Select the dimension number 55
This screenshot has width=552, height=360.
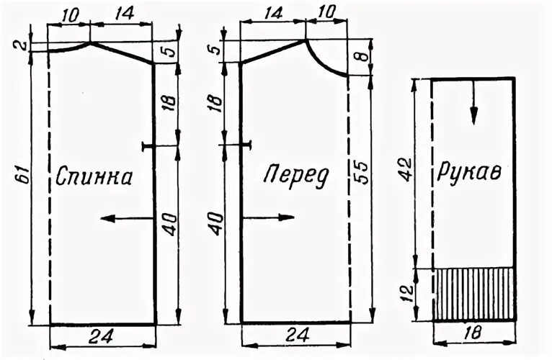[x=364, y=173]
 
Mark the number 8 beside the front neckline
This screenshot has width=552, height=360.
[x=364, y=54]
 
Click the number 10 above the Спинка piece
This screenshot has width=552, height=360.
[x=70, y=12]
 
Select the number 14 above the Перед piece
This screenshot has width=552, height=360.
[x=272, y=12]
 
